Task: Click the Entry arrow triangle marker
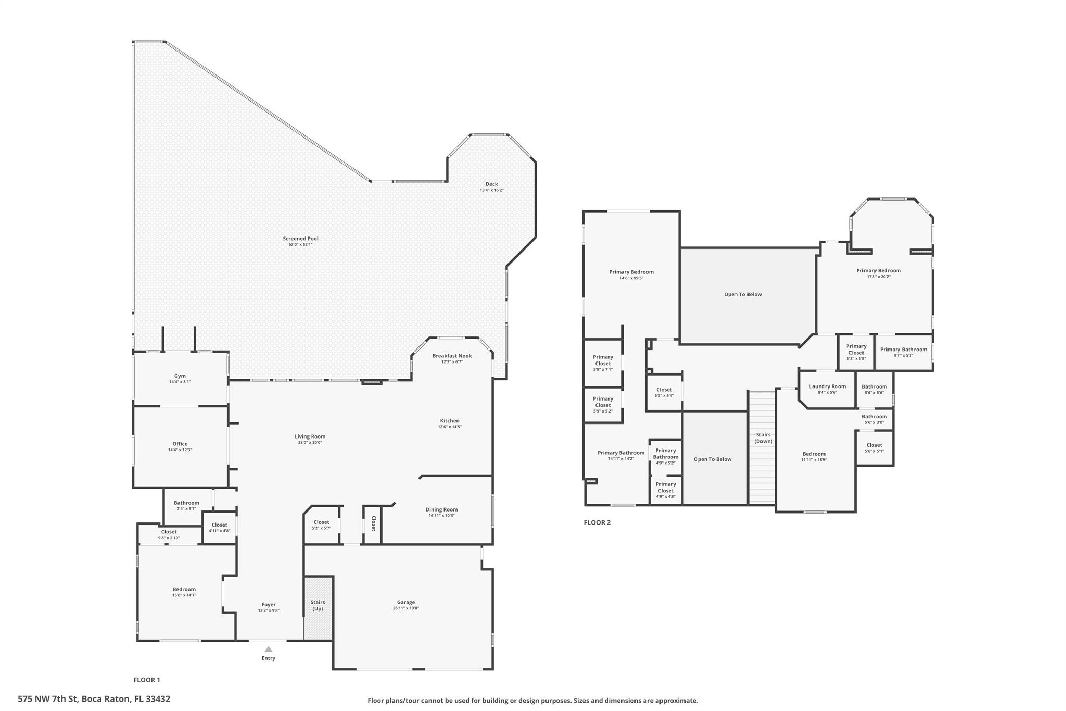pos(268,649)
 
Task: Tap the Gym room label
pos(180,376)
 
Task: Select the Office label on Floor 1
pos(180,444)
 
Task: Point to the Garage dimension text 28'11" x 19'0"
pos(406,608)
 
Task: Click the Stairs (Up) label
pos(318,605)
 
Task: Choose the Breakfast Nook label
pos(452,356)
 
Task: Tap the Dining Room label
pos(441,509)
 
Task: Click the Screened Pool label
pos(300,239)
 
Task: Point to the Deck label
pos(491,184)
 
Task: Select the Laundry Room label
pos(828,386)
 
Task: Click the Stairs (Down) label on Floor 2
pos(764,438)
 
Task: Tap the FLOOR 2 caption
pos(597,522)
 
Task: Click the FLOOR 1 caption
pos(147,680)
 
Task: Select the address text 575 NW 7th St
pos(48,699)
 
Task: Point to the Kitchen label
pos(450,421)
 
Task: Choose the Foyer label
pos(269,604)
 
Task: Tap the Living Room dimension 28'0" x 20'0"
pos(310,442)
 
